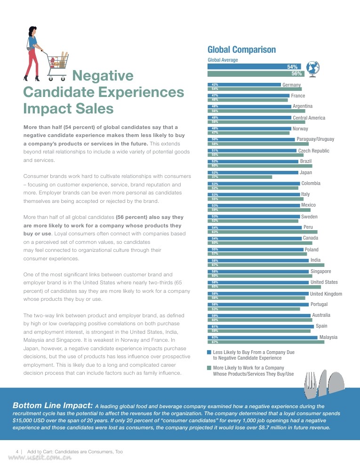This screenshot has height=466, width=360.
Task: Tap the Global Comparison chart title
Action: click(241, 50)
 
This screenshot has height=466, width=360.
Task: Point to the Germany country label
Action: click(291, 85)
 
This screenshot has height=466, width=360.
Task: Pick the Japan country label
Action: click(305, 173)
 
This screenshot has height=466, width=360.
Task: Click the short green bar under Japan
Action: click(240, 177)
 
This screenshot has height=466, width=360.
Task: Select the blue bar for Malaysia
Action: click(263, 337)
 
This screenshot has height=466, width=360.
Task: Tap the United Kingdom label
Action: click(326, 294)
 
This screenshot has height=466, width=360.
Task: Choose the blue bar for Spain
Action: click(261, 326)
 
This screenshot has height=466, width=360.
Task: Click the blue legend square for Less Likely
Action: click(209, 352)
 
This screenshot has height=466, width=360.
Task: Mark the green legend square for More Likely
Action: click(209, 368)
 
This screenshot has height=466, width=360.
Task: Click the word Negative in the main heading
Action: click(103, 76)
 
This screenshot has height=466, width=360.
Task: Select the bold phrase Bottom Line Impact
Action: click(52, 405)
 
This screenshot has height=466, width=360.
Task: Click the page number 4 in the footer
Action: click(17, 451)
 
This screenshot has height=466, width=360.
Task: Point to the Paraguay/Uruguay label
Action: click(315, 139)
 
